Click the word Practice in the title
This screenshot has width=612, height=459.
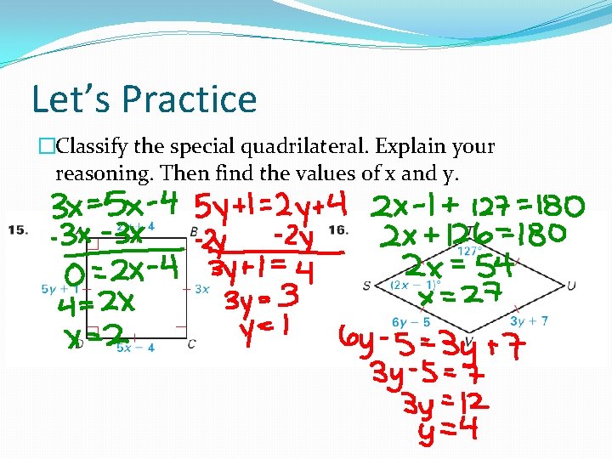(x=189, y=99)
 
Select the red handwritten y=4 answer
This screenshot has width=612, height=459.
(x=448, y=429)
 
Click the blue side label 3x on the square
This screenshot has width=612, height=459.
(x=201, y=289)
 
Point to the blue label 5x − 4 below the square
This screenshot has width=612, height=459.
(x=136, y=348)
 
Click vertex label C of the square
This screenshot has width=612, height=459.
(x=191, y=343)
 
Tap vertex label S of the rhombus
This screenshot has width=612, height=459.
(x=366, y=286)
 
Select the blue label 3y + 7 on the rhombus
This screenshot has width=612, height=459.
(x=530, y=321)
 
